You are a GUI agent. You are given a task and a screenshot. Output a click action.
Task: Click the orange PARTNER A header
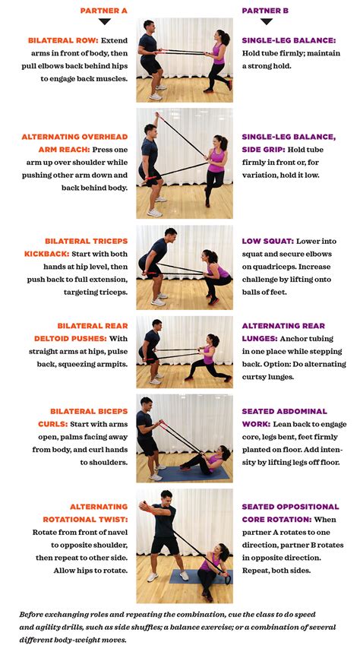(x=104, y=11)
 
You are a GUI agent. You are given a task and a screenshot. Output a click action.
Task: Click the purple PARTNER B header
(x=265, y=11)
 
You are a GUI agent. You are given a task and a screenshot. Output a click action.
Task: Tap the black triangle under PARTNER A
(x=105, y=21)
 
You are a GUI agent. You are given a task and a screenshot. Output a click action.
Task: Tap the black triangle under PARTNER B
(x=267, y=21)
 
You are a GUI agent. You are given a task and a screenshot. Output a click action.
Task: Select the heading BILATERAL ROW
(x=63, y=40)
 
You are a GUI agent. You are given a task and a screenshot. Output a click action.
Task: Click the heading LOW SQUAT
(x=267, y=241)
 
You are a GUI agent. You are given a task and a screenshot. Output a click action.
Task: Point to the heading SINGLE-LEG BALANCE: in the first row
(x=289, y=40)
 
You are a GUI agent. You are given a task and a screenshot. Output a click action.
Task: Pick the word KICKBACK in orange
(x=46, y=255)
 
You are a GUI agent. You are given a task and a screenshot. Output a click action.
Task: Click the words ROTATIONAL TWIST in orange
(x=85, y=520)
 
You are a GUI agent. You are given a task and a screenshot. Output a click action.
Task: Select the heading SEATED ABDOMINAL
(x=285, y=411)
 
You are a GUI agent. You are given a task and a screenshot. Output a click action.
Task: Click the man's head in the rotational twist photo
(x=166, y=498)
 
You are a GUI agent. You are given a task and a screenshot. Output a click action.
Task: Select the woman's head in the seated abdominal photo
(x=225, y=452)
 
